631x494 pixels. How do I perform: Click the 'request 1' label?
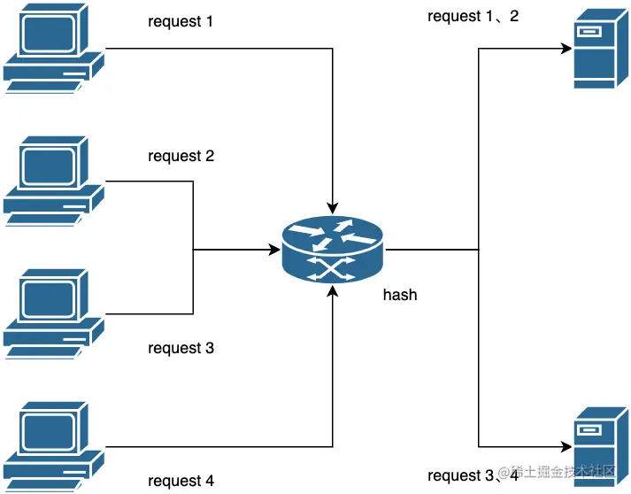coord(181,21)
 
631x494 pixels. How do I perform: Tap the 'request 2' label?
coord(181,157)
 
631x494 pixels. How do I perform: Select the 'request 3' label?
coord(181,348)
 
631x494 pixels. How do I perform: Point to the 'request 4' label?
coord(181,482)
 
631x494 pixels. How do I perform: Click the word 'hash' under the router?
coord(400,295)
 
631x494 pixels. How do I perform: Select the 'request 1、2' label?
coord(473,17)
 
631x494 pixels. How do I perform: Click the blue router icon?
coord(334,250)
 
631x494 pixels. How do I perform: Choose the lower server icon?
coord(594,446)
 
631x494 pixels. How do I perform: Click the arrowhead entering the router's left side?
coord(274,251)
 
